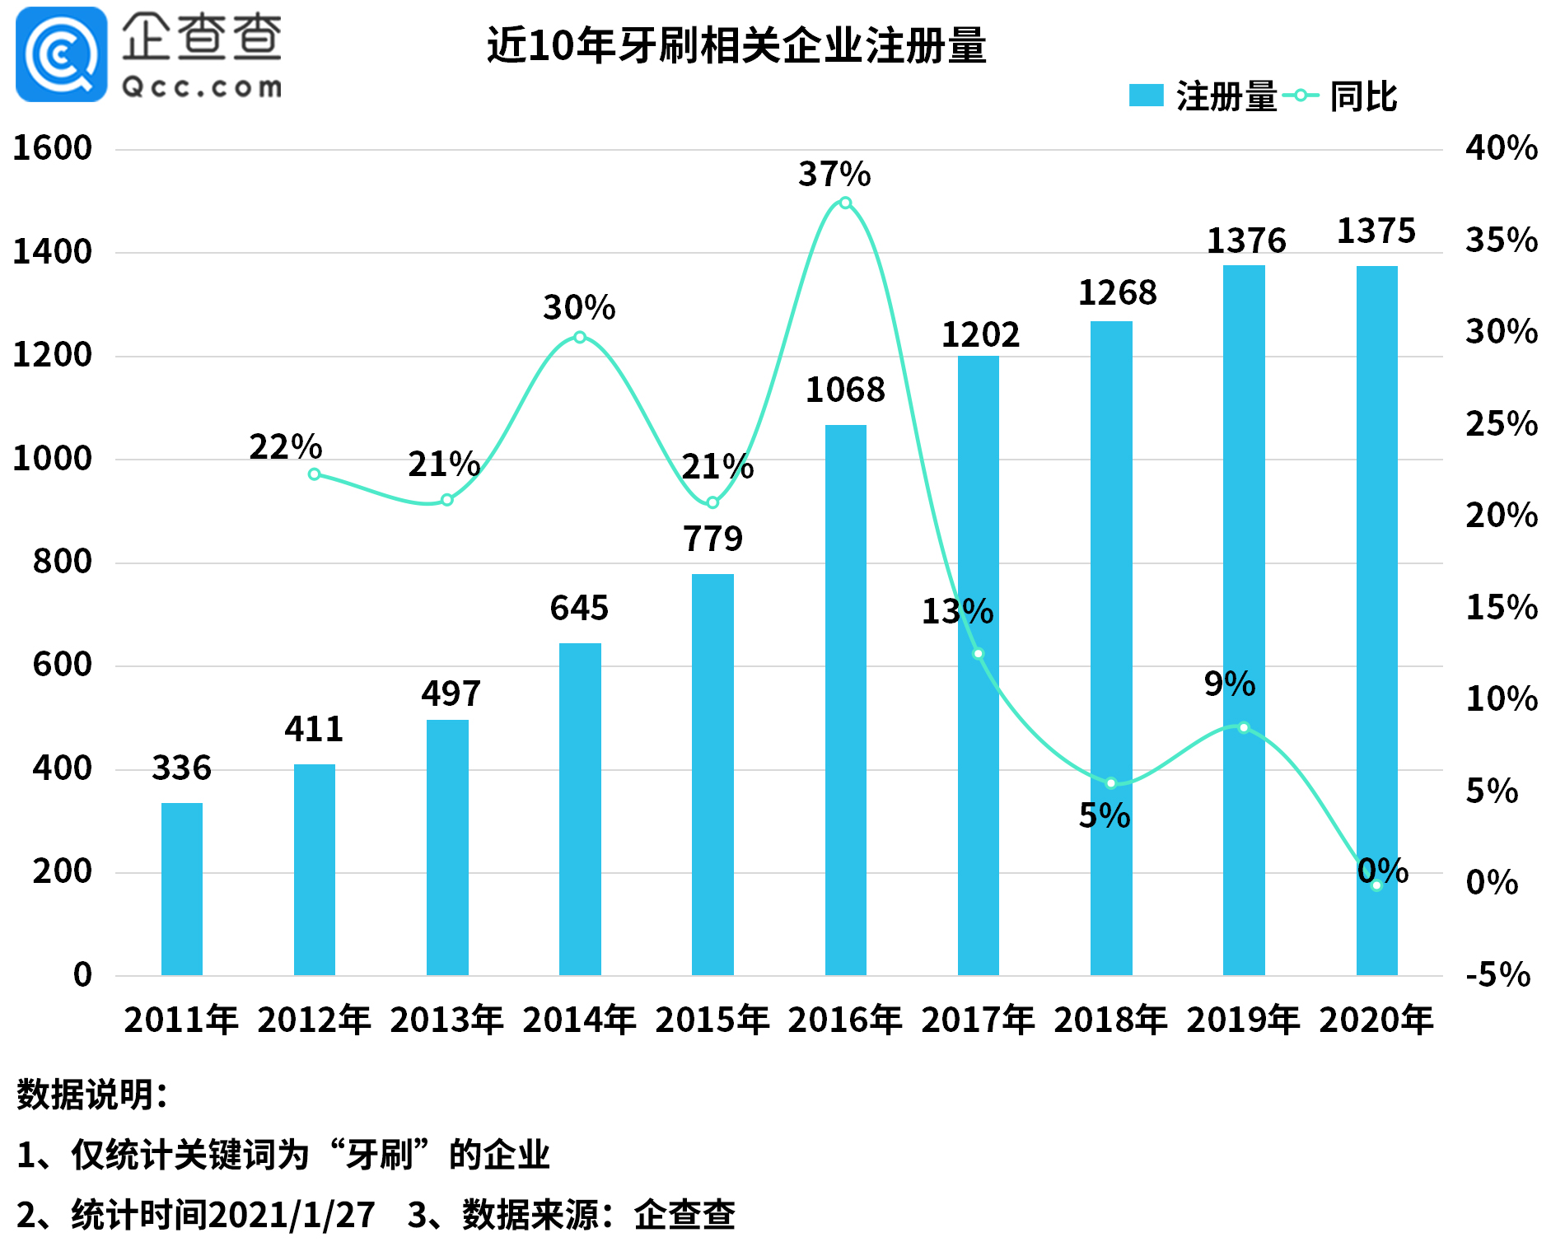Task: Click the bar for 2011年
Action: point(181,889)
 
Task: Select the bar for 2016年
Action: point(845,700)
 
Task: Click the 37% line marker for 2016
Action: point(845,203)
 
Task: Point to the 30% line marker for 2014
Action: point(580,337)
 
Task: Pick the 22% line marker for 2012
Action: point(314,474)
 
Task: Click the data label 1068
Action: point(845,390)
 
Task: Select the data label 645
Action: point(579,609)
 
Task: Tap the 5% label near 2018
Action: point(1104,816)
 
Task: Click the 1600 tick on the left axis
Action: point(52,148)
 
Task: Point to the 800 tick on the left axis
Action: point(62,562)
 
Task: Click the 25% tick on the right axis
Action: point(1501,424)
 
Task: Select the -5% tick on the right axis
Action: point(1497,975)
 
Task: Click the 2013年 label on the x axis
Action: point(446,1020)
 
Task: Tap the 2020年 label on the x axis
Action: point(1376,1020)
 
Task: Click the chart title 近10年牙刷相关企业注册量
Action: point(736,45)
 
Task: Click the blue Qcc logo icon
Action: point(61,54)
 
